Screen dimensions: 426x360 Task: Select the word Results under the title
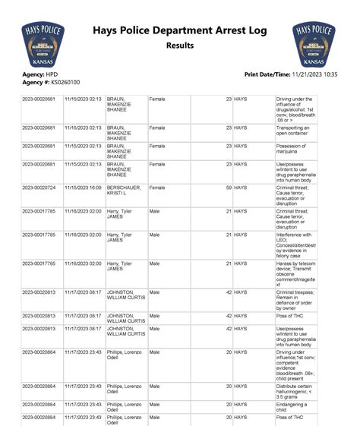(180, 47)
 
